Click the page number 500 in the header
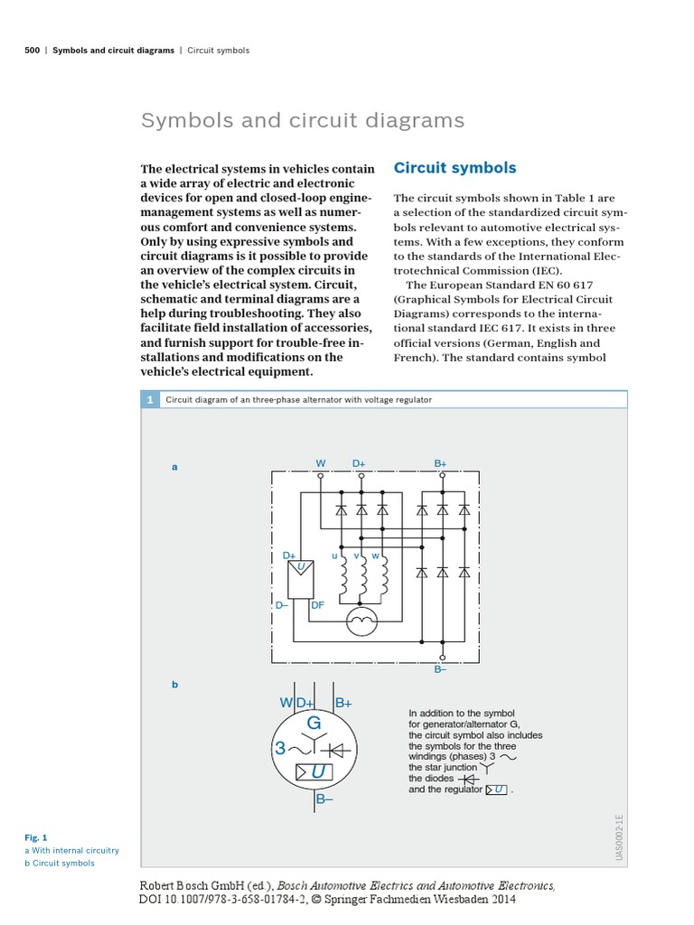[32, 51]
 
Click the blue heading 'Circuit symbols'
[455, 168]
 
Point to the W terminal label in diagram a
[320, 463]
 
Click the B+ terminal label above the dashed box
[441, 463]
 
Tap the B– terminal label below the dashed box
[441, 668]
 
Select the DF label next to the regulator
[317, 605]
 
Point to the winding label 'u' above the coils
[334, 555]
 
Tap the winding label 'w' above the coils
[375, 555]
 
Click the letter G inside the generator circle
[314, 723]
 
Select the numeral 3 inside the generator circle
[280, 749]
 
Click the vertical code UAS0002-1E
[620, 837]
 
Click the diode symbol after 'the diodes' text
[466, 779]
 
